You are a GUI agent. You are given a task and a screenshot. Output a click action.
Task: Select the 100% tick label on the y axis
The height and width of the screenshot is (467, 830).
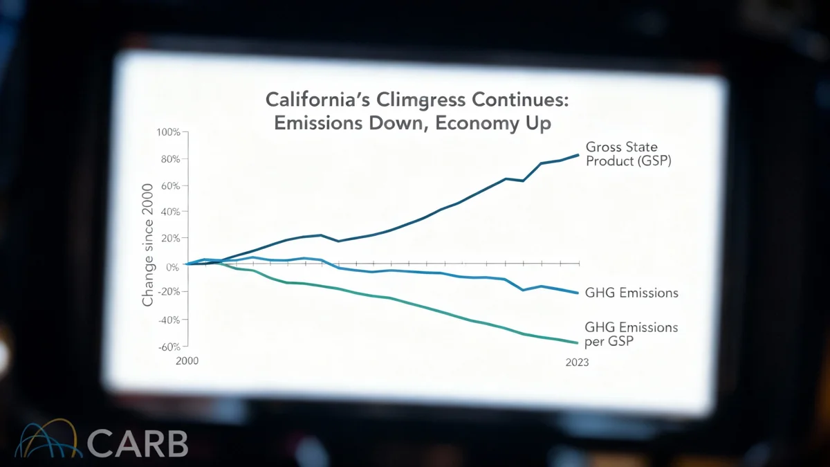[x=168, y=132]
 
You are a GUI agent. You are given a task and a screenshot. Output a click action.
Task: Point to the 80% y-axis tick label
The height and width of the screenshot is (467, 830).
[x=170, y=159]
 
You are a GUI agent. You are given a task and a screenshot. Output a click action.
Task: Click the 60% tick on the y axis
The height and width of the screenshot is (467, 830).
[x=170, y=185]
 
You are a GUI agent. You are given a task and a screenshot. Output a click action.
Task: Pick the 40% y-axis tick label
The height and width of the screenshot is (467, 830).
[x=170, y=212]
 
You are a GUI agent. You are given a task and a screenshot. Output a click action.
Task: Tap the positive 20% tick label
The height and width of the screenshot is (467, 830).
[x=170, y=238]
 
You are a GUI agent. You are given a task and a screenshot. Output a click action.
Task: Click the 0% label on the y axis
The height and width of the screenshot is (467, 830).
[x=173, y=266]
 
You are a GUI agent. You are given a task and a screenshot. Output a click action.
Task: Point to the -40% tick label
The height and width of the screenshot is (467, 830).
[x=168, y=320]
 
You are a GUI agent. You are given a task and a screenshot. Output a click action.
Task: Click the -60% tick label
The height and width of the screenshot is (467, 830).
[x=168, y=347]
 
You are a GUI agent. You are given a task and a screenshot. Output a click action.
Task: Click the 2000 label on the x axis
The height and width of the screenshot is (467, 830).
[x=188, y=361]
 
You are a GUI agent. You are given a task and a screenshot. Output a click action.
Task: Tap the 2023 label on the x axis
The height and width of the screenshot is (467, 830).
[x=576, y=362]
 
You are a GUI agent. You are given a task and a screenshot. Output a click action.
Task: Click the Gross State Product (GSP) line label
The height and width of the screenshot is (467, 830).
[x=628, y=154]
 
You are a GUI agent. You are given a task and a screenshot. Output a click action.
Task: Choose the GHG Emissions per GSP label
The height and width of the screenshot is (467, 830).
[x=631, y=334]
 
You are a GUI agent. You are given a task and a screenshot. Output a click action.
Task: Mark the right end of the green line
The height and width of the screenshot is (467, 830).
[x=578, y=342]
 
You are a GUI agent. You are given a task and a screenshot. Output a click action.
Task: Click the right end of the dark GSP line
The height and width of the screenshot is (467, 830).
[x=578, y=155]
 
